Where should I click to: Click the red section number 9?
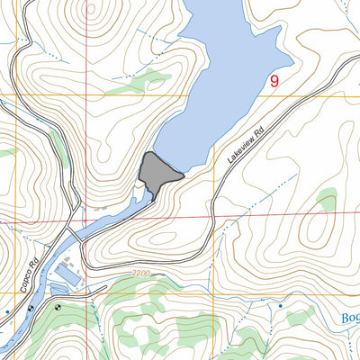point(274,81)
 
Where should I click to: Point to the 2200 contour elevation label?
point(138,271)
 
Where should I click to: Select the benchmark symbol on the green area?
point(59,307)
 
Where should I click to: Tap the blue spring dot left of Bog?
point(280,307)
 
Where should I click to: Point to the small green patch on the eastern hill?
point(327,199)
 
